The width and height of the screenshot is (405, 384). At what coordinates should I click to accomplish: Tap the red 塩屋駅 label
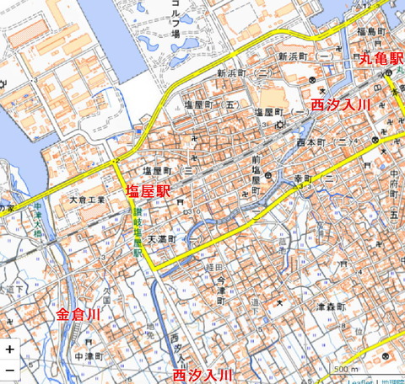click(x=148, y=191)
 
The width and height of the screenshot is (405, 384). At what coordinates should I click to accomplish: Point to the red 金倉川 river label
click(x=78, y=315)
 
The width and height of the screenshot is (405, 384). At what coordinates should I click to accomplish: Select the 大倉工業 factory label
click(x=88, y=200)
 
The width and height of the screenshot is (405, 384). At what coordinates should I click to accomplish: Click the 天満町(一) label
click(x=172, y=239)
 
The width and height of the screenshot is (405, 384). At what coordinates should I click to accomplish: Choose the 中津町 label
click(x=88, y=356)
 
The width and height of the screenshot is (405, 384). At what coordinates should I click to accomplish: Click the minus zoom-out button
click(x=9, y=369)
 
